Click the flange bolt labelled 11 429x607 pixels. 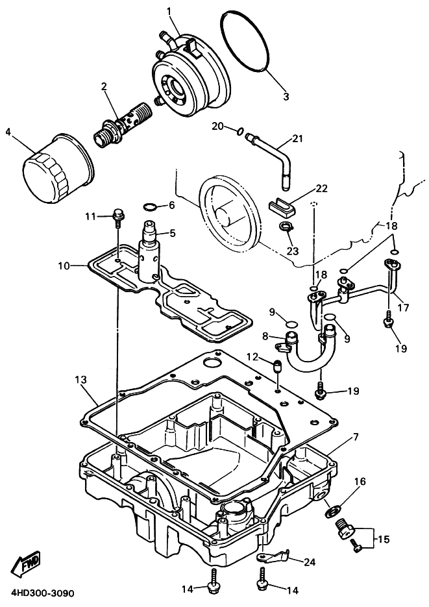(x=118, y=216)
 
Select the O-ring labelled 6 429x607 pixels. (x=149, y=207)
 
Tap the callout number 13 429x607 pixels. (x=80, y=379)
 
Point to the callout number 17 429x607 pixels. (x=404, y=308)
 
